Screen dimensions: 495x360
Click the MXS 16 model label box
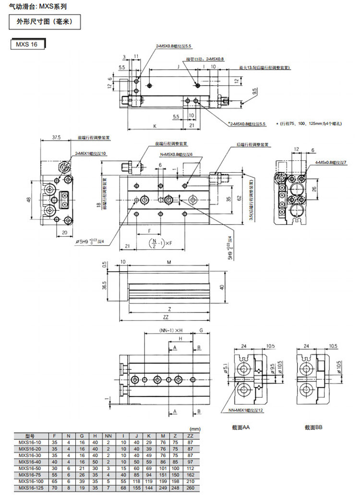27,45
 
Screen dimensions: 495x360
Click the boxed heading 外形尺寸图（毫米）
43,22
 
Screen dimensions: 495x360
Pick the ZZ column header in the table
191,435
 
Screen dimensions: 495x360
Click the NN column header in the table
108,435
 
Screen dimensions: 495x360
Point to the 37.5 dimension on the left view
56,137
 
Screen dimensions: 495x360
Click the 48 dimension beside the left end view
29,199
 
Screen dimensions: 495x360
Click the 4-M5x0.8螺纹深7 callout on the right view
331,163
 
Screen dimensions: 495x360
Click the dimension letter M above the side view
168,263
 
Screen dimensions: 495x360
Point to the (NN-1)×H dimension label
175,331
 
